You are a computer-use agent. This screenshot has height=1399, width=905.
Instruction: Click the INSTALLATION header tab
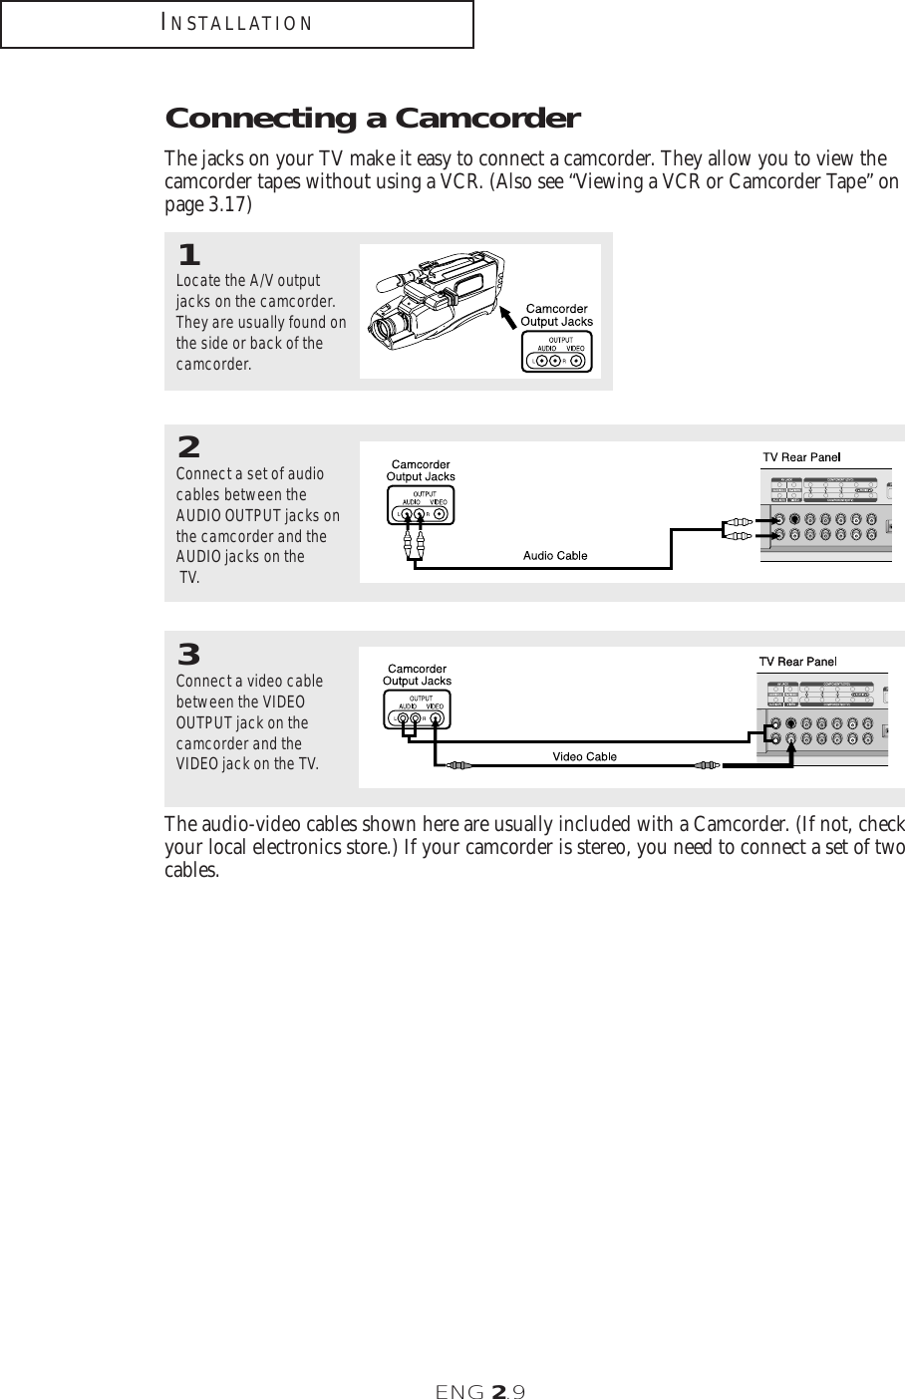click(x=236, y=24)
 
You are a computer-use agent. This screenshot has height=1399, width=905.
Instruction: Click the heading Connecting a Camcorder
click(x=372, y=120)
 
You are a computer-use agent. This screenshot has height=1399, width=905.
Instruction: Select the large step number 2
click(x=188, y=445)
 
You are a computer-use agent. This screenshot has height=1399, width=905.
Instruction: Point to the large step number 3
click(x=188, y=656)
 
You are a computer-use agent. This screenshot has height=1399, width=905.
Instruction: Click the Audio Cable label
click(x=555, y=555)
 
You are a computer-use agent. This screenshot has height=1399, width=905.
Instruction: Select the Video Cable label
click(x=585, y=756)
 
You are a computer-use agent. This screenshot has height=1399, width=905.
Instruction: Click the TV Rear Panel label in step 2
click(x=802, y=456)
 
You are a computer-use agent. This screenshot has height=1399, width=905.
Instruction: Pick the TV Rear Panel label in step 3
click(x=798, y=661)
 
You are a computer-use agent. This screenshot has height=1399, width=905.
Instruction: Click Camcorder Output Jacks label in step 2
click(x=420, y=470)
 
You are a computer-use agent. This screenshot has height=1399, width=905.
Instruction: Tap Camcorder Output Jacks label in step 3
click(x=418, y=675)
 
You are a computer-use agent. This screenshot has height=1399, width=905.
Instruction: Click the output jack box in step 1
click(x=556, y=353)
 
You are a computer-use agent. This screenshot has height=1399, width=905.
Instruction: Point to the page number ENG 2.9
click(x=480, y=1390)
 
